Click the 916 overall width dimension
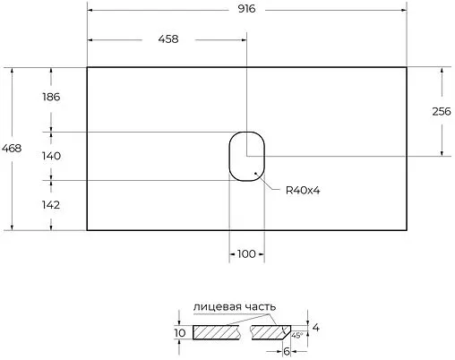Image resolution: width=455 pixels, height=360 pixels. pyautogui.click(x=247, y=8)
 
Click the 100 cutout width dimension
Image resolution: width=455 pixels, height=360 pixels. pyautogui.click(x=246, y=254)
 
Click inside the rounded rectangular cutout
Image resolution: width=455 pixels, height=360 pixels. pyautogui.click(x=246, y=156)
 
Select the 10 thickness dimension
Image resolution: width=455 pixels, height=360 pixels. pyautogui.click(x=180, y=332)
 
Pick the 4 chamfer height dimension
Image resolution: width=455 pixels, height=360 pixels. pyautogui.click(x=315, y=328)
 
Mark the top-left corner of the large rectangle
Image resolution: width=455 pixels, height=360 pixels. pyautogui.click(x=87, y=67)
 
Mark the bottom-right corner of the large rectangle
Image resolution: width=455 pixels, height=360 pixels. pyautogui.click(x=408, y=230)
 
